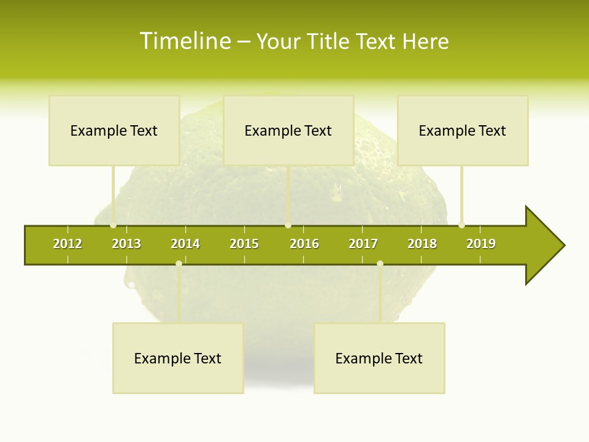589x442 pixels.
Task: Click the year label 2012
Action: click(x=67, y=244)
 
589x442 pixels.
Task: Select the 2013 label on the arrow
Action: click(x=126, y=244)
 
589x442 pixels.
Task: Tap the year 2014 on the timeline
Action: click(x=185, y=244)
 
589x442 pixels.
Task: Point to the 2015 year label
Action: click(x=244, y=244)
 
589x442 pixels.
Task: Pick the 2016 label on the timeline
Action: click(x=304, y=244)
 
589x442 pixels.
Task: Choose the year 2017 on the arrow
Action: click(x=363, y=244)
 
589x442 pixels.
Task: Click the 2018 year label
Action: click(x=422, y=244)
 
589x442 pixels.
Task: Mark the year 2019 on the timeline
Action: click(x=481, y=244)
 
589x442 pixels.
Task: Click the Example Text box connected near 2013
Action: click(x=114, y=130)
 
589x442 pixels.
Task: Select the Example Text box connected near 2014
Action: click(x=178, y=358)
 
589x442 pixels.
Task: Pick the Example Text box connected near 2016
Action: click(x=288, y=130)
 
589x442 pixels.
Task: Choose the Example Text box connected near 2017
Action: click(x=379, y=358)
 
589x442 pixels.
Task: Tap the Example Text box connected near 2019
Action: click(x=463, y=130)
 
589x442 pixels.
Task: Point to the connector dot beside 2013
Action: click(x=114, y=225)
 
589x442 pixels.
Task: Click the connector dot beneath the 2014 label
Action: click(x=179, y=264)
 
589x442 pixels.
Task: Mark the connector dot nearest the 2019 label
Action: click(x=462, y=225)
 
